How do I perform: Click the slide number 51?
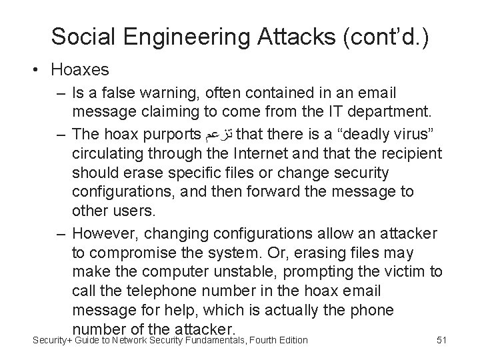[441, 341]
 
